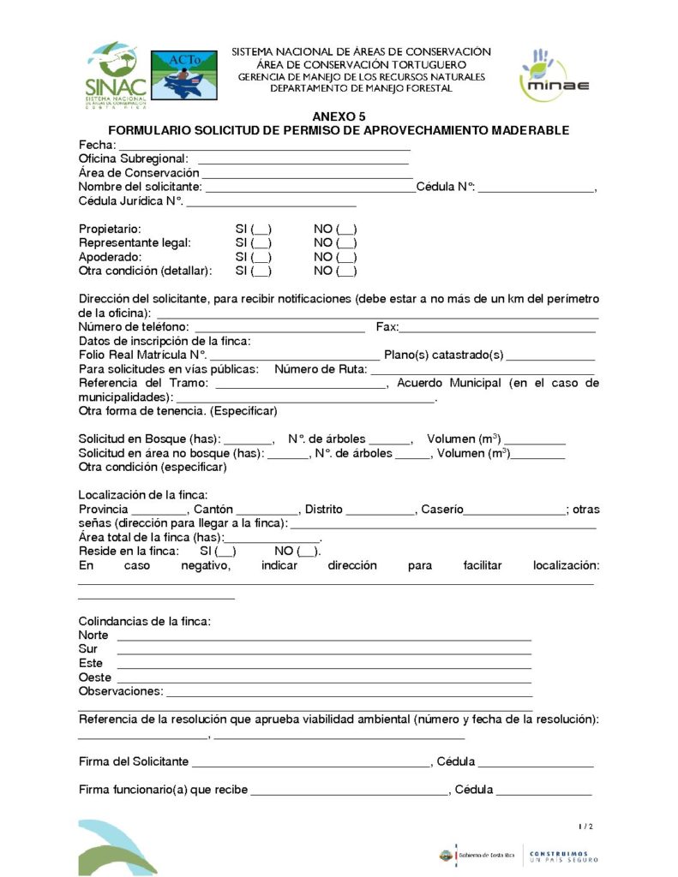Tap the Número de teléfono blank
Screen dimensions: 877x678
[280, 328]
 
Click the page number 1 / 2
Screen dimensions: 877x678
[586, 826]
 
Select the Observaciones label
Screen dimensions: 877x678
[120, 691]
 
